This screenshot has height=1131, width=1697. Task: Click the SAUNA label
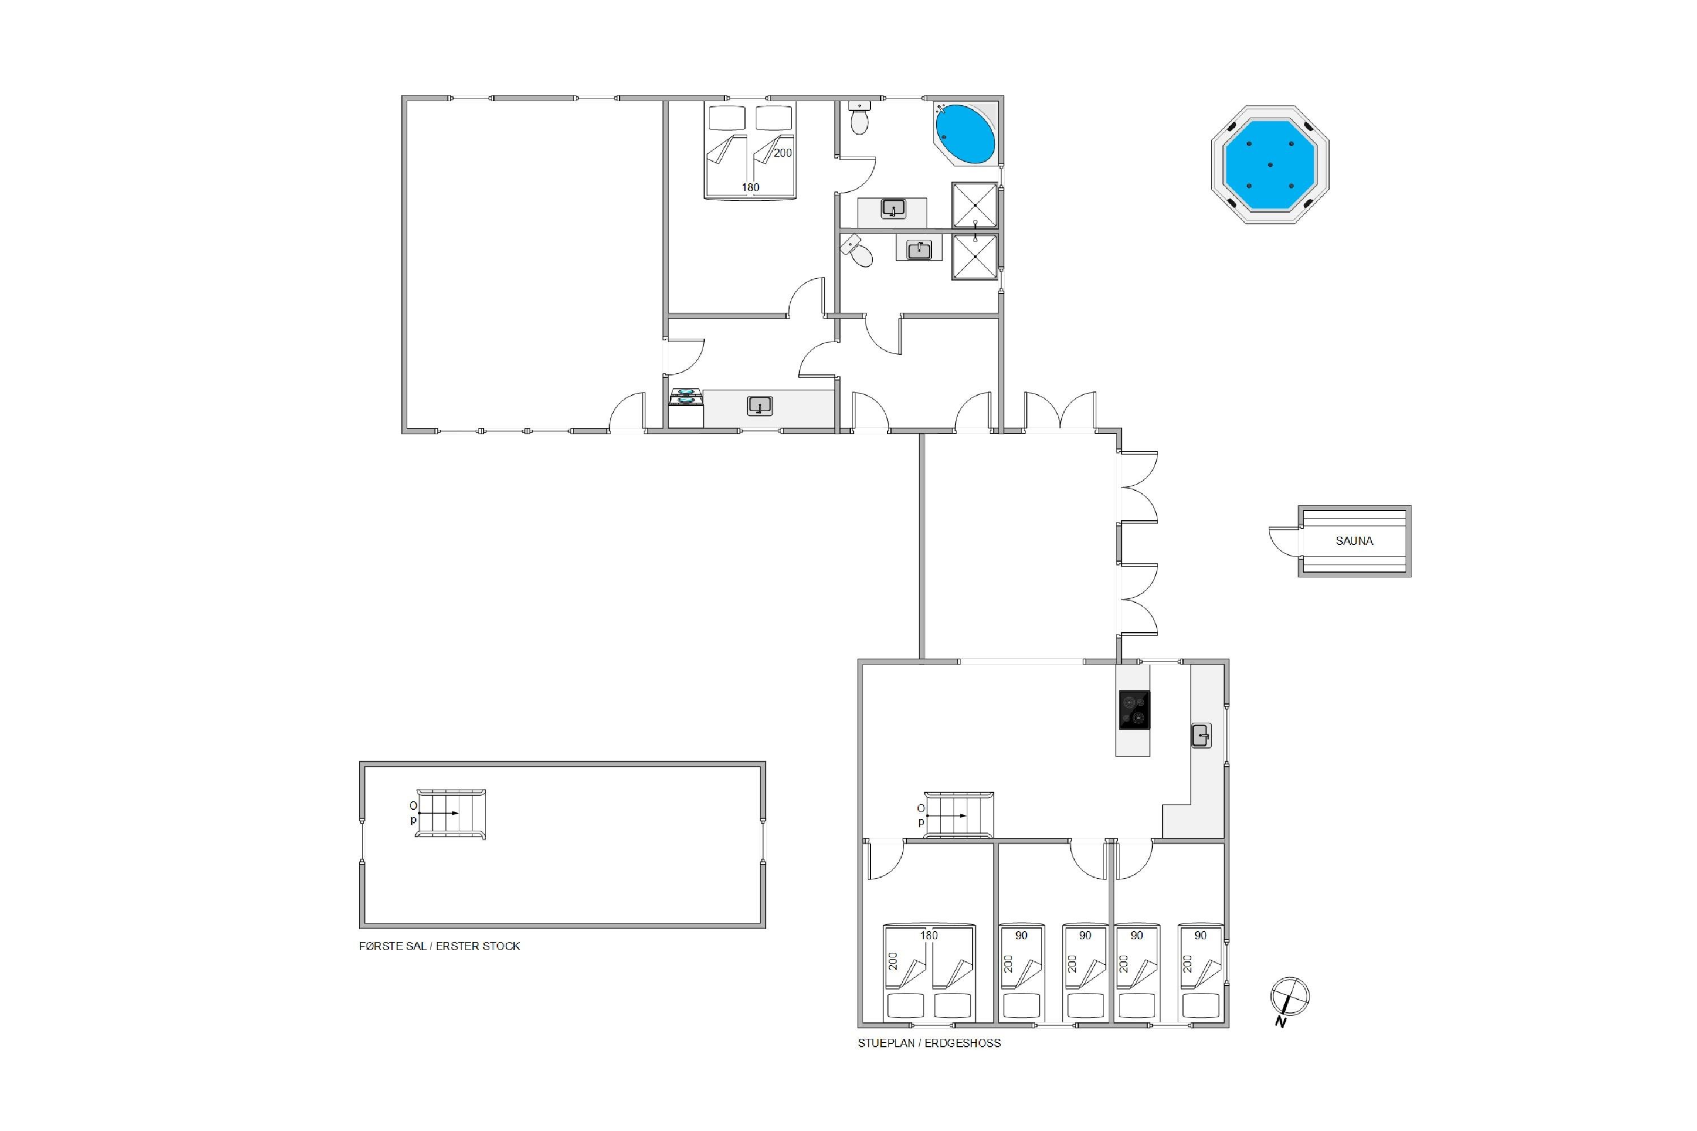[x=1354, y=541]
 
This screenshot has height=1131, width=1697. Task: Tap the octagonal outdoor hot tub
[x=1270, y=165]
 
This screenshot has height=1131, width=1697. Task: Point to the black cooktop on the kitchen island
[x=1134, y=710]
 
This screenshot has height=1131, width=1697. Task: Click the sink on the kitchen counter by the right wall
[x=1200, y=736]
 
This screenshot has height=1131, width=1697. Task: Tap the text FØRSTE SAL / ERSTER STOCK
[x=440, y=946]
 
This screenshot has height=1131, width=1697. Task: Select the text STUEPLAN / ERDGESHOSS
[x=929, y=1043]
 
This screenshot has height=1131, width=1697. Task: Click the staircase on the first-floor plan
[x=450, y=814]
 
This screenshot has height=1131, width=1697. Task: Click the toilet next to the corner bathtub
[x=859, y=118]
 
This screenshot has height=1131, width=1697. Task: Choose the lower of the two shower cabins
[x=975, y=256]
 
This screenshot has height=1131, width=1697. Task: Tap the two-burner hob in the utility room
[x=686, y=396]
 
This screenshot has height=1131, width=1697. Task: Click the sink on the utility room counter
[x=759, y=406]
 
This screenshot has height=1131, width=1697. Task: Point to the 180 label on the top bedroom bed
[x=751, y=188]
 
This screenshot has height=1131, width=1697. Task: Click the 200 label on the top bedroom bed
[x=783, y=153]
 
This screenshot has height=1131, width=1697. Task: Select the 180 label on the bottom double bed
[x=929, y=935]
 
